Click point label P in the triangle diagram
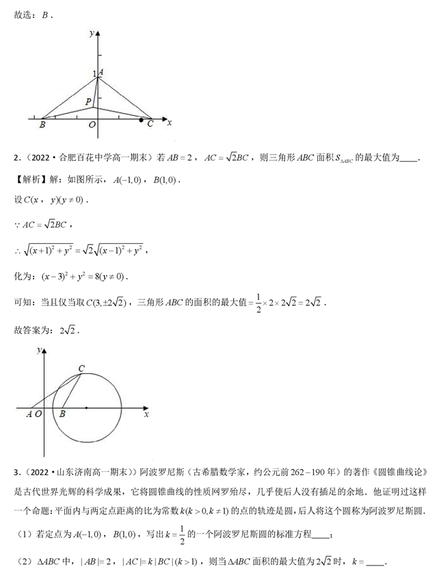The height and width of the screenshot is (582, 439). tap(88, 101)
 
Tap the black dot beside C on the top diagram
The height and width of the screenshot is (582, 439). tap(141, 121)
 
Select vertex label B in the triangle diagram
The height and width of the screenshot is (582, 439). tap(42, 125)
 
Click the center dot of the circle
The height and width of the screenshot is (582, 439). tap(86, 408)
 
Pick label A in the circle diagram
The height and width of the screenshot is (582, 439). tap(29, 414)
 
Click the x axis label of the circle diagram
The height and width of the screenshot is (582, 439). tap(146, 414)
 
